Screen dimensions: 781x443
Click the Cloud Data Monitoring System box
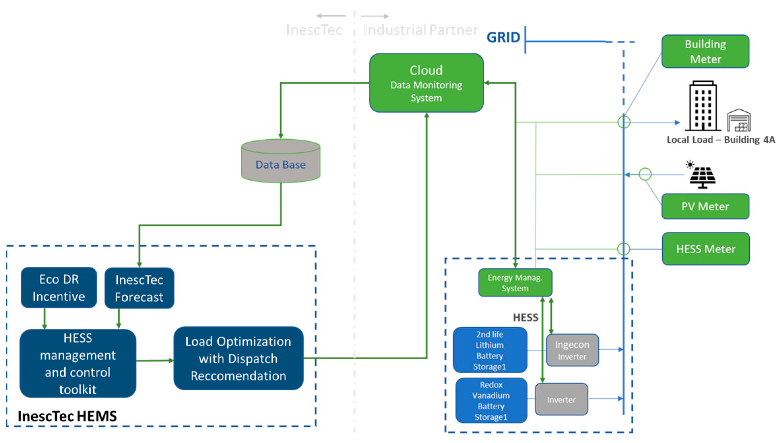click(426, 83)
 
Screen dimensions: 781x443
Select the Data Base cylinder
click(281, 161)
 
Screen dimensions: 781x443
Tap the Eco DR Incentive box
click(59, 288)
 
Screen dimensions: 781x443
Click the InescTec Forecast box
click(139, 288)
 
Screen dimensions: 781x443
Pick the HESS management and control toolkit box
click(78, 363)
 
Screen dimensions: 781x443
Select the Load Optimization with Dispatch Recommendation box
click(238, 358)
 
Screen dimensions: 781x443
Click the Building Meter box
click(705, 51)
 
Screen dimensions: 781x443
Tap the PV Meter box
click(705, 206)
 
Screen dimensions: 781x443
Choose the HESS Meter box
click(706, 249)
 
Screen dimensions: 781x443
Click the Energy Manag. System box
click(515, 283)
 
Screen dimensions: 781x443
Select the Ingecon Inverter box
click(572, 350)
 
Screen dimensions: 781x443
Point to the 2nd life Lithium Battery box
click(490, 350)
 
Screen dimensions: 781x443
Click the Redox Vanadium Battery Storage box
click(491, 400)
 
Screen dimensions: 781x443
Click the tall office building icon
click(703, 106)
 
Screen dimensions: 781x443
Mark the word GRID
click(503, 38)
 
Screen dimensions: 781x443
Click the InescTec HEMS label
click(67, 416)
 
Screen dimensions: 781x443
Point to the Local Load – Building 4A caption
click(721, 140)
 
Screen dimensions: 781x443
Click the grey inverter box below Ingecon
click(561, 399)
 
